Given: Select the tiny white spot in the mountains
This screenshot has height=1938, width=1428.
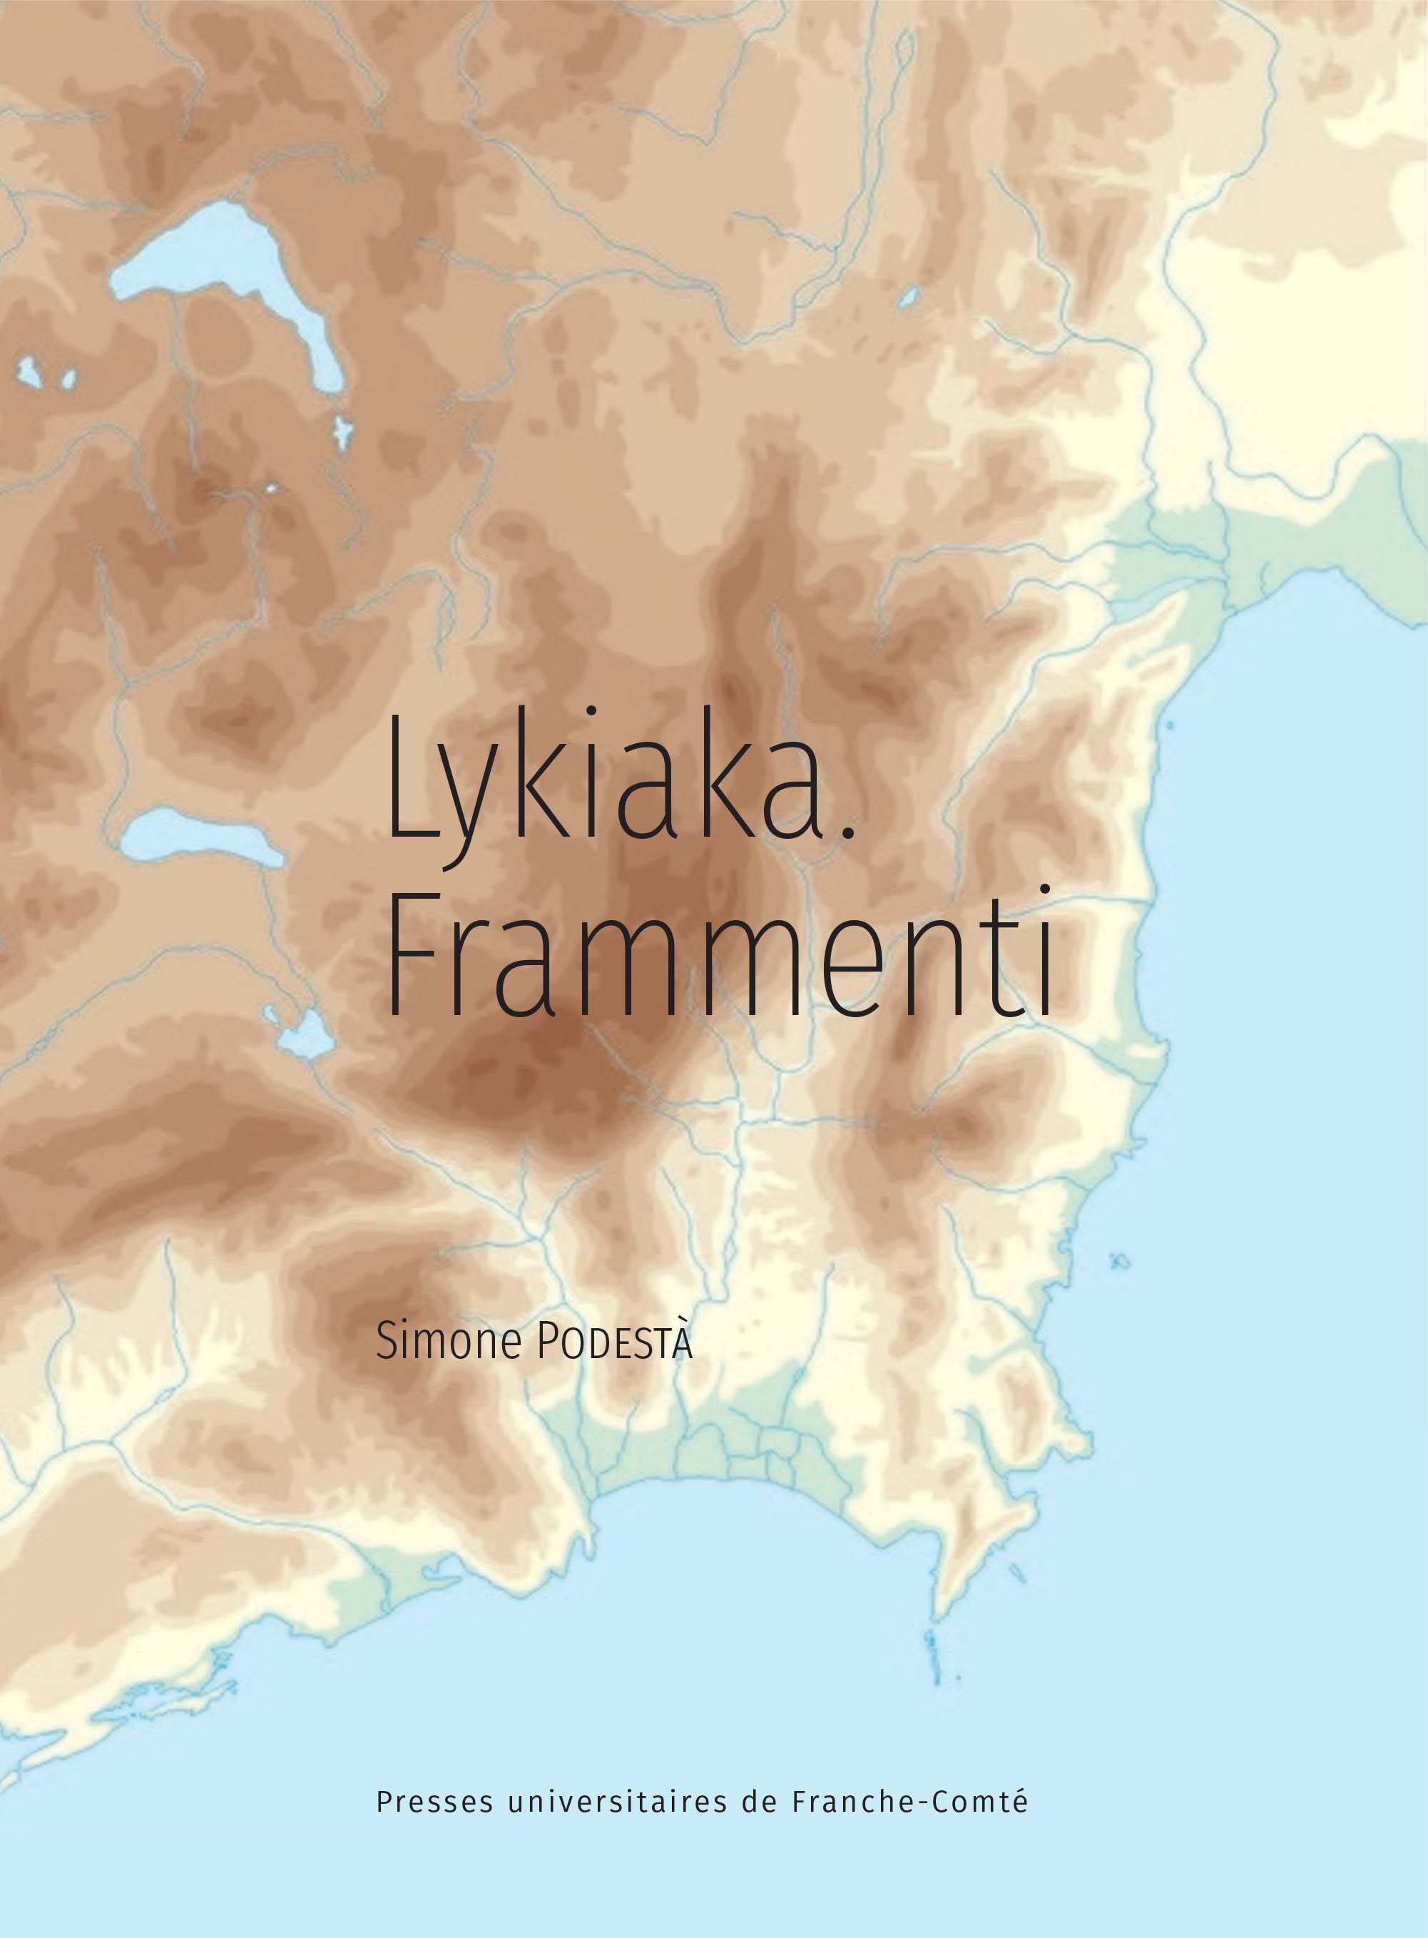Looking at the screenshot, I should tap(272, 489).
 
